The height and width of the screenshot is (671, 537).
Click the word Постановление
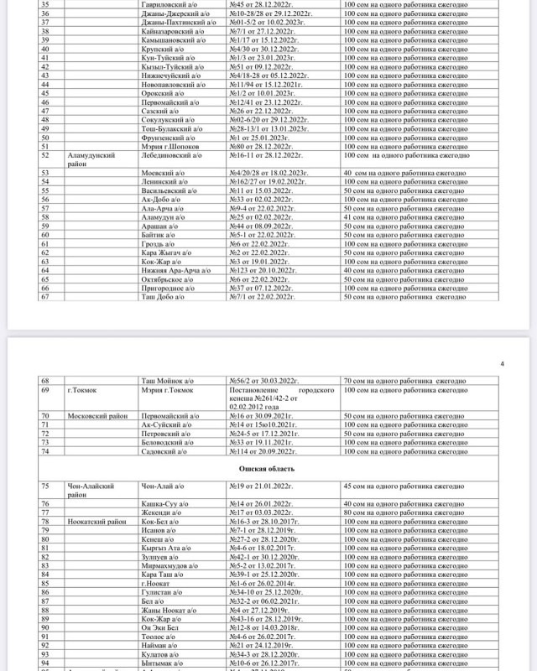coord(255,390)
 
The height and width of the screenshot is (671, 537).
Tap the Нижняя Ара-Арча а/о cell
coord(175,270)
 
